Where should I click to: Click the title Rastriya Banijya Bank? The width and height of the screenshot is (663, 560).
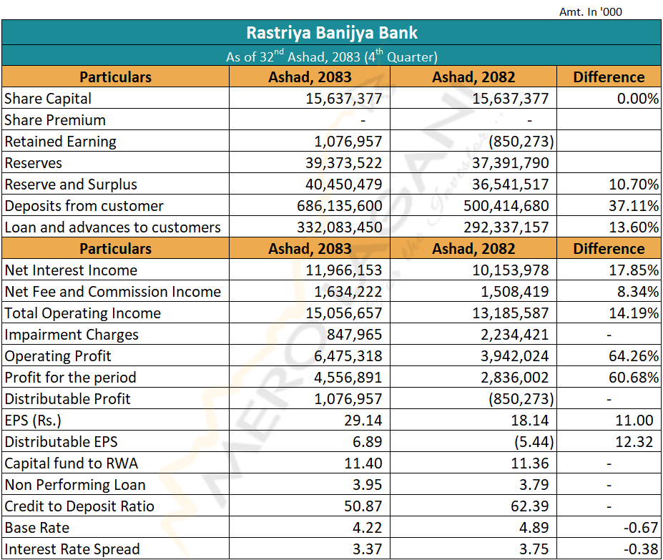(x=332, y=33)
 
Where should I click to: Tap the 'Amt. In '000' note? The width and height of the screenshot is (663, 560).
(x=591, y=12)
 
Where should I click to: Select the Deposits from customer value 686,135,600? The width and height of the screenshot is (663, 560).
(x=340, y=205)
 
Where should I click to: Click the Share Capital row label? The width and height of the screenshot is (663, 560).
(x=48, y=99)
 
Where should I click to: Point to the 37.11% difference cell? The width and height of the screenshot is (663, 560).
(x=634, y=205)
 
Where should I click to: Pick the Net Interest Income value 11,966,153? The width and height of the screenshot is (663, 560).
(x=344, y=270)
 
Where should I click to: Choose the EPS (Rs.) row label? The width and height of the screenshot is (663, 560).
(x=33, y=421)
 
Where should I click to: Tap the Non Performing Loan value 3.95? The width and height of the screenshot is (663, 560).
(x=368, y=485)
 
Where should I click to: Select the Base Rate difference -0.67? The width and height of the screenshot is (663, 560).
(x=641, y=527)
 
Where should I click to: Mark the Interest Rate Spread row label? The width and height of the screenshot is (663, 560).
(x=72, y=549)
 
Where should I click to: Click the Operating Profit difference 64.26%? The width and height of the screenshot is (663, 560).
(x=634, y=355)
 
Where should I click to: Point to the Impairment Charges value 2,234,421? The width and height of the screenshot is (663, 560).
(x=514, y=335)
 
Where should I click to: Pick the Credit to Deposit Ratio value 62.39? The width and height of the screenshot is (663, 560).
(x=530, y=506)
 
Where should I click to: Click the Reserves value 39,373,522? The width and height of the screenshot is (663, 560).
(x=344, y=163)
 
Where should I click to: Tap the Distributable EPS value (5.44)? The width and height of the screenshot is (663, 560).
(x=534, y=441)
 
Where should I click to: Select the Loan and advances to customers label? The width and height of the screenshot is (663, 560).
(x=113, y=227)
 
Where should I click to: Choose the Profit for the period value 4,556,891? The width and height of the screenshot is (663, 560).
(x=348, y=378)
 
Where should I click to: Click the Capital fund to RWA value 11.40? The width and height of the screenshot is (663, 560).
(x=363, y=463)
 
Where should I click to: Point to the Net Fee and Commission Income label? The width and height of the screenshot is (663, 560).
(x=113, y=291)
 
